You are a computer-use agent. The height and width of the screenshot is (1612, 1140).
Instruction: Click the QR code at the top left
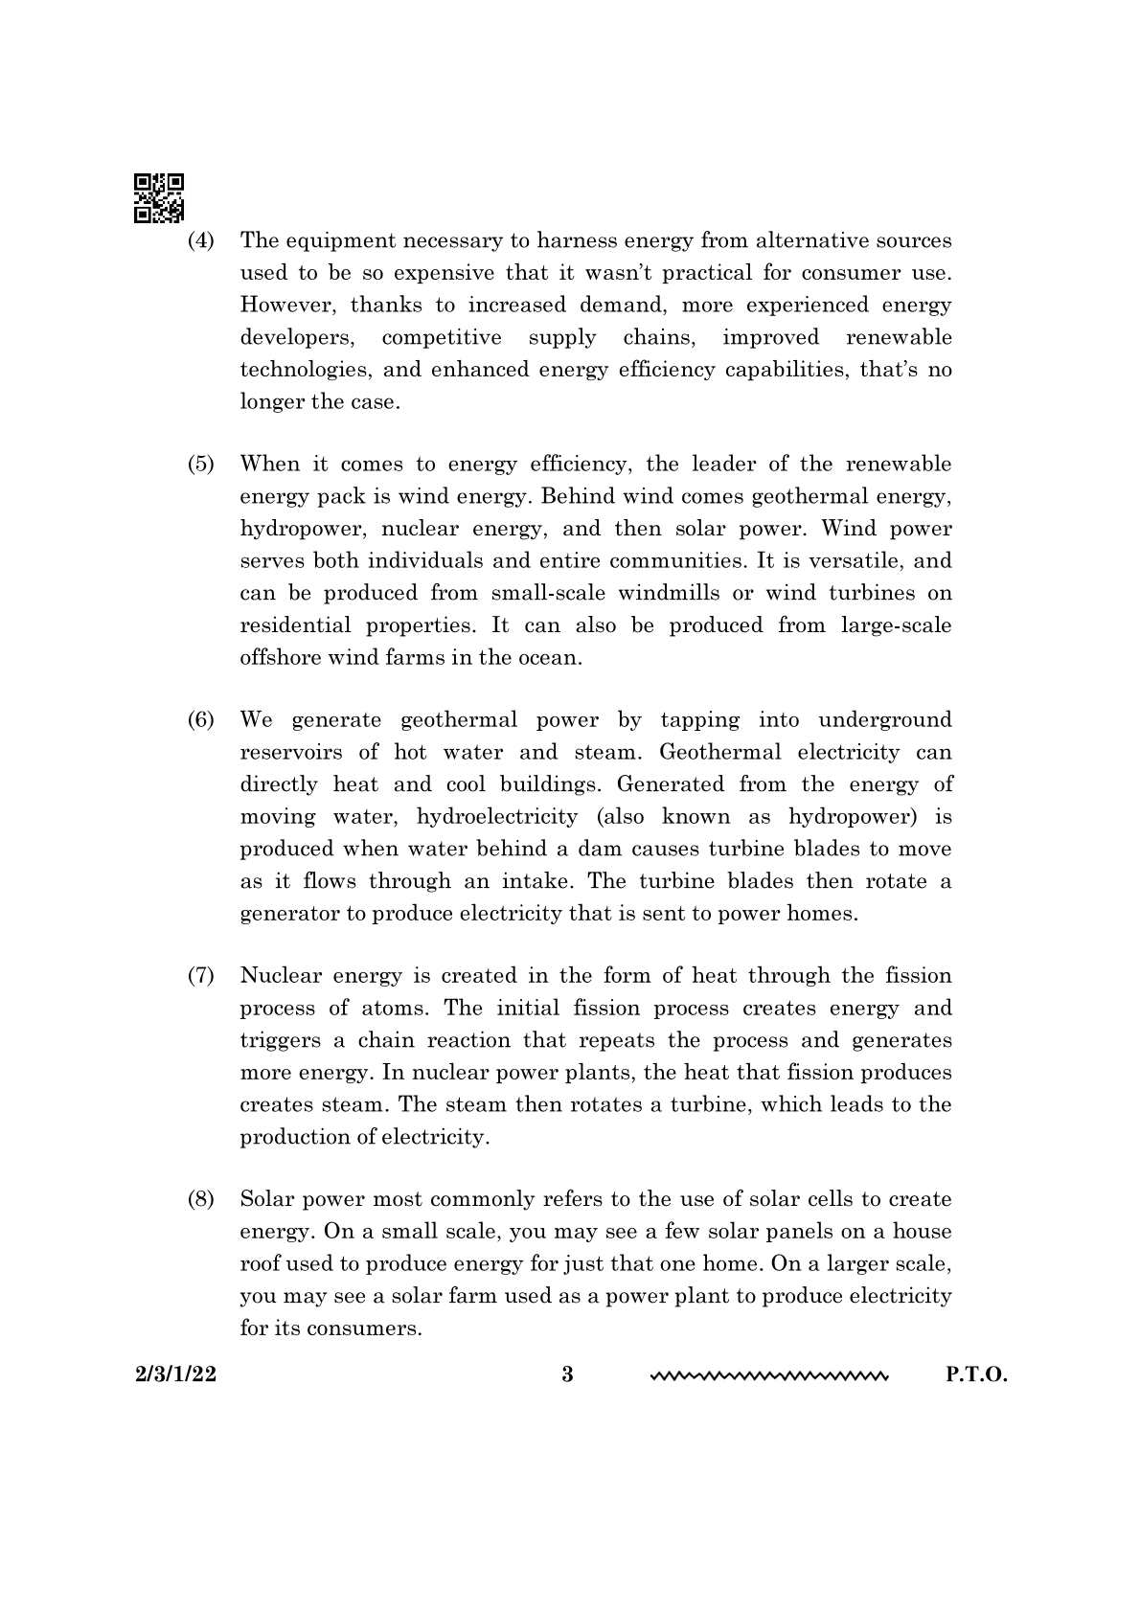tap(158, 198)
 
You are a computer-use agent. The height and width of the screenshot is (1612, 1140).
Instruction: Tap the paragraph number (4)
tap(200, 240)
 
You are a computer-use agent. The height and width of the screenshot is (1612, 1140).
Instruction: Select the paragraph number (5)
tap(200, 465)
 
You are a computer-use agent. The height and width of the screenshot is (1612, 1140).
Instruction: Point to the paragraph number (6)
tap(200, 720)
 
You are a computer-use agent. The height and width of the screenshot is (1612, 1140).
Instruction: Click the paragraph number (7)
tap(200, 976)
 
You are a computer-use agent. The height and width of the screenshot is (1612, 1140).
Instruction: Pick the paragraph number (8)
tap(200, 1200)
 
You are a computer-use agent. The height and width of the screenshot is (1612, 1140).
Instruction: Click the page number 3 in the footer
tap(567, 1375)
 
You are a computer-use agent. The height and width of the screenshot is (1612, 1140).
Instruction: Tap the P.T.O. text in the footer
tap(977, 1375)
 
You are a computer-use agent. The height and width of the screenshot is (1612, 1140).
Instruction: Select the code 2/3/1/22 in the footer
tap(176, 1375)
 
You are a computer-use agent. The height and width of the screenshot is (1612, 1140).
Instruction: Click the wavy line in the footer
tap(769, 1377)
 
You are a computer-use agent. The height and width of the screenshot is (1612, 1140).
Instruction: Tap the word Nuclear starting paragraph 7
tap(279, 976)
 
